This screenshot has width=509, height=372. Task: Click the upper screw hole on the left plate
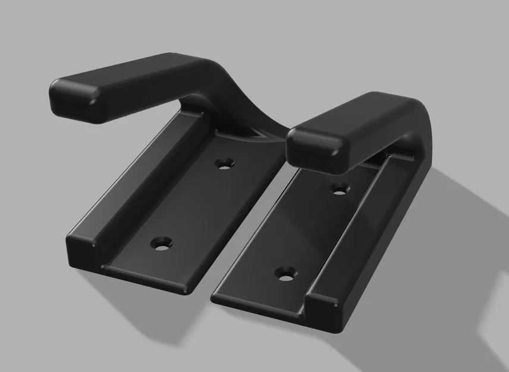224,162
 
